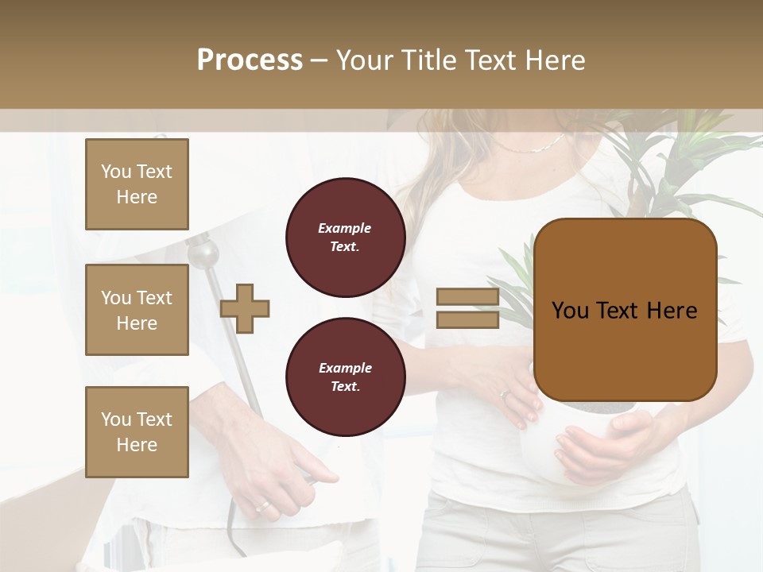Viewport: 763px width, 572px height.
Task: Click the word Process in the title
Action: click(x=250, y=60)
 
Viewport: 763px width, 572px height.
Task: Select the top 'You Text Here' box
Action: click(x=137, y=184)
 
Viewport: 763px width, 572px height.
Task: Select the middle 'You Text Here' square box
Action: click(x=137, y=310)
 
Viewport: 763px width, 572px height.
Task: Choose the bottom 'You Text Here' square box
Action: click(x=137, y=431)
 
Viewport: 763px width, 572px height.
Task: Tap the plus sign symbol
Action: click(x=245, y=307)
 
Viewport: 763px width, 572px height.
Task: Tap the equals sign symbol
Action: click(x=467, y=308)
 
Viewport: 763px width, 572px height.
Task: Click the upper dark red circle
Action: click(x=345, y=238)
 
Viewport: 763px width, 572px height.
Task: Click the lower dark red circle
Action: click(x=345, y=377)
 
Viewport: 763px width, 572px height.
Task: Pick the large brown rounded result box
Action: click(x=625, y=310)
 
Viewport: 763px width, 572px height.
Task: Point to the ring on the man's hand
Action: click(x=262, y=505)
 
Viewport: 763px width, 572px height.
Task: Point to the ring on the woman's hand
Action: click(x=504, y=393)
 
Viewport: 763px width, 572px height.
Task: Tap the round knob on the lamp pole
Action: click(x=206, y=253)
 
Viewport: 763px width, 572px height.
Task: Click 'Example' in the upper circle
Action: click(x=345, y=228)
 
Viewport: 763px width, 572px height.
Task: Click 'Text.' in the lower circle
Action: click(x=345, y=387)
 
